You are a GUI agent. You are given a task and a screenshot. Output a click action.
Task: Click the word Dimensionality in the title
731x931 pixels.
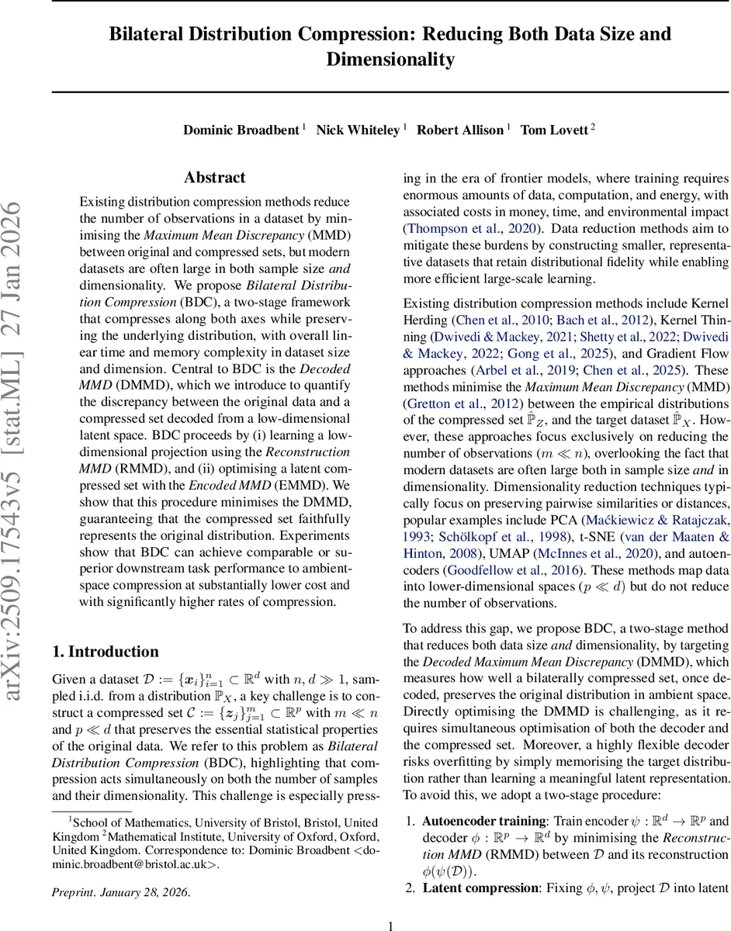click(x=390, y=60)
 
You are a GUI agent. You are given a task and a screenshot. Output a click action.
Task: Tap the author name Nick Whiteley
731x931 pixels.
click(x=359, y=130)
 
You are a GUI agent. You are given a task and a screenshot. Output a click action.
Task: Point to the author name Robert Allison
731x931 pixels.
click(x=461, y=130)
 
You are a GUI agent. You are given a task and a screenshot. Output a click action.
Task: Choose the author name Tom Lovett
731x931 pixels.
click(x=554, y=130)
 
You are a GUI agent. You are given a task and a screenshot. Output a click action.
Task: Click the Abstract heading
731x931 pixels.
click(x=215, y=178)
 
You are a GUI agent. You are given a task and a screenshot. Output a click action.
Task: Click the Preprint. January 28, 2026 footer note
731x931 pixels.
click(x=120, y=891)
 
